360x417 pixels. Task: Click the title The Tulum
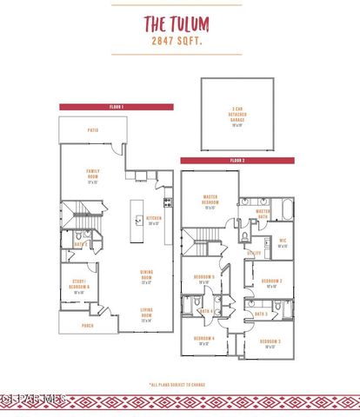[179, 23]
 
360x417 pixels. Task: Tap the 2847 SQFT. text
[179, 39]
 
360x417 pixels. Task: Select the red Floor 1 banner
[117, 106]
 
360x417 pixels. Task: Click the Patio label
[92, 130]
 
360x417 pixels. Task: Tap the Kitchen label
[154, 220]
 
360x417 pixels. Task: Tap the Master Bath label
[263, 213]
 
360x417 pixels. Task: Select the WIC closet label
[283, 243]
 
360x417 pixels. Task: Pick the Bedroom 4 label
[204, 341]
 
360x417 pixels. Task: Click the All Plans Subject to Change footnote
[179, 383]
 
